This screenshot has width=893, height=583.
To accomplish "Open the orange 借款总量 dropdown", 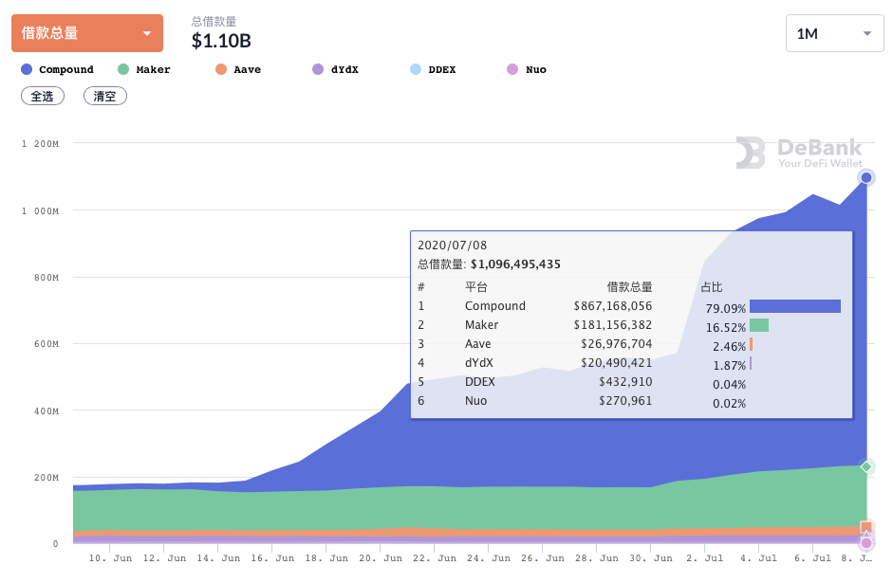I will pos(86,33).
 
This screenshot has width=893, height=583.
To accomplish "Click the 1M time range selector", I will pos(834,34).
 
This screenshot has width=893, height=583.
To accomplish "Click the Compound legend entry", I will pos(58,69).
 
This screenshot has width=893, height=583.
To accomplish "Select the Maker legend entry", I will pos(144,69).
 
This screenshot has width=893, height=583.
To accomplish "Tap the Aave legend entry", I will pos(238,69).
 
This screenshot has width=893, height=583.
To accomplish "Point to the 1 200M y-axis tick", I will pos(41,144).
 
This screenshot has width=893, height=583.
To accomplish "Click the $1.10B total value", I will pos(221,41).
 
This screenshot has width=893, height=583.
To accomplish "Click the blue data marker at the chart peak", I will pos(865,177).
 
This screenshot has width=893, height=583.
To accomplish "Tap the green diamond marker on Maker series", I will pos(865,466).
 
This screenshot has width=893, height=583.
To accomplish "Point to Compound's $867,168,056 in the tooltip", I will pos(612,306).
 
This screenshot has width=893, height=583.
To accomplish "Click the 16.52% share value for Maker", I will pos(727,326).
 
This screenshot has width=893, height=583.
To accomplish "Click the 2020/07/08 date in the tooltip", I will pos(452,246).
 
